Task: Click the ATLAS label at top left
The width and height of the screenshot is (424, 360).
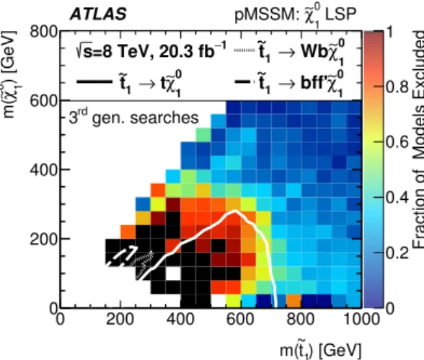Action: pyautogui.click(x=98, y=14)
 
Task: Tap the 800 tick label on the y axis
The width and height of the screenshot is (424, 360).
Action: pyautogui.click(x=43, y=32)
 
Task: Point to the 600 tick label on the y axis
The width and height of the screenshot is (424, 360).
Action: pyautogui.click(x=43, y=102)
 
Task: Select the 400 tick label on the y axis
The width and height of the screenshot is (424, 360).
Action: pyautogui.click(x=43, y=170)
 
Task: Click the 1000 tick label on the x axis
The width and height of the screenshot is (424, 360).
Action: pyautogui.click(x=361, y=319)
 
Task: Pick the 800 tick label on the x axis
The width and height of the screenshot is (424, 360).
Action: pyautogui.click(x=301, y=319)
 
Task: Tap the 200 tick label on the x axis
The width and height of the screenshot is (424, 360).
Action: pyautogui.click(x=120, y=319)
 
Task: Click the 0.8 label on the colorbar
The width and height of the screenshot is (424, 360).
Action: pyautogui.click(x=397, y=87)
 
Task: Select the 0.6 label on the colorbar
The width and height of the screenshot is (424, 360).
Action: pyautogui.click(x=397, y=142)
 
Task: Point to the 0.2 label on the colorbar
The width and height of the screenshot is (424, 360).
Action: pyautogui.click(x=397, y=253)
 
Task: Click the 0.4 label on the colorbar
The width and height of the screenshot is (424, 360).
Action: pyautogui.click(x=397, y=198)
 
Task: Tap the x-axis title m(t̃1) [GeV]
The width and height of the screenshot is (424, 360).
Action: pyautogui.click(x=320, y=350)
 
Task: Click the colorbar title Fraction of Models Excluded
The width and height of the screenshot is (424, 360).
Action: pyautogui.click(x=418, y=139)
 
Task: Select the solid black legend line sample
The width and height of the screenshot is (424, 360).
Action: pyautogui.click(x=94, y=82)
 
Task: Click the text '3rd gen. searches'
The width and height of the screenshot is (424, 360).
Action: pyautogui.click(x=133, y=117)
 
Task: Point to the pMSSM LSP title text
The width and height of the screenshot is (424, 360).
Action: pyautogui.click(x=296, y=15)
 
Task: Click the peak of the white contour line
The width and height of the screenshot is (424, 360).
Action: pyautogui.click(x=235, y=211)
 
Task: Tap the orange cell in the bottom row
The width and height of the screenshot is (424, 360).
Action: pyautogui.click(x=293, y=301)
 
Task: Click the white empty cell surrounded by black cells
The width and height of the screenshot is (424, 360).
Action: pyautogui.click(x=173, y=273)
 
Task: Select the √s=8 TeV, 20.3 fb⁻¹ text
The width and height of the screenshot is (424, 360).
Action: pyautogui.click(x=151, y=51)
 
